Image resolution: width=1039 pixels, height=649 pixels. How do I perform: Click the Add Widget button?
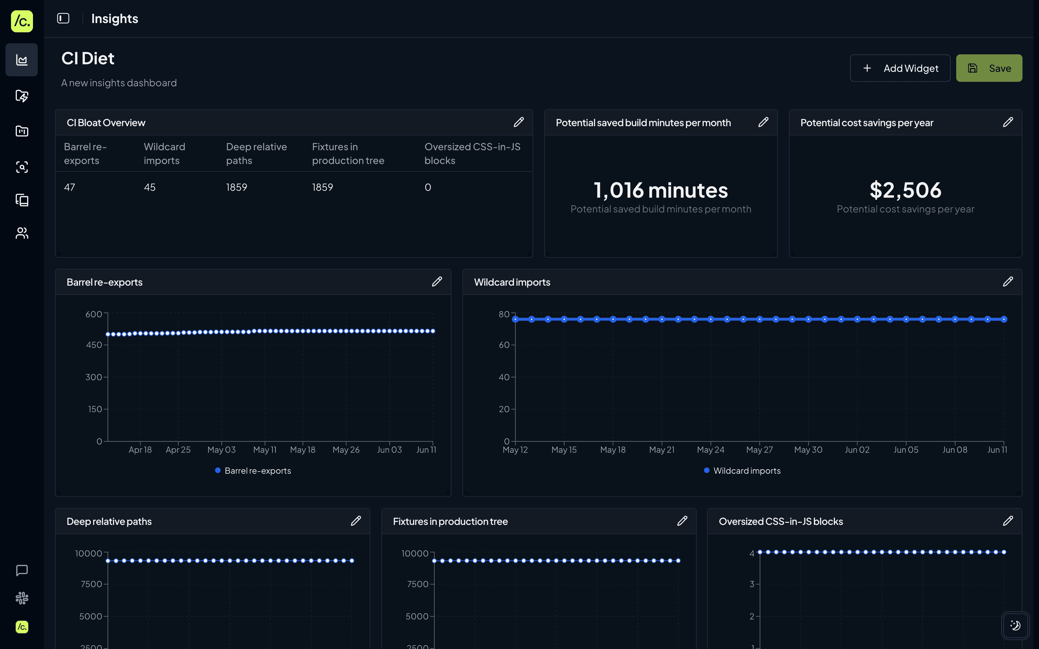900,68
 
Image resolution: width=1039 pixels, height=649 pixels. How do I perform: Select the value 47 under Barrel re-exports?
69,187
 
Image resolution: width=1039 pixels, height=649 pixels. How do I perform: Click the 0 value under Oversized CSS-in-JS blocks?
427,187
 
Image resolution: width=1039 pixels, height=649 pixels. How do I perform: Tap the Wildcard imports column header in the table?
164,153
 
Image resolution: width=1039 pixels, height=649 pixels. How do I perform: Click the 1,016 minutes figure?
660,190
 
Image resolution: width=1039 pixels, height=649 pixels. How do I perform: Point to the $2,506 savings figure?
905,190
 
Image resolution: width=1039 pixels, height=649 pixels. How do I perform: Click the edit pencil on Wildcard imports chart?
1008,282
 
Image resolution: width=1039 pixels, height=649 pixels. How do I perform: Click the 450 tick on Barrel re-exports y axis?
94,345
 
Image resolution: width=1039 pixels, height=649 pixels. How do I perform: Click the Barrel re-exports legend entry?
253,471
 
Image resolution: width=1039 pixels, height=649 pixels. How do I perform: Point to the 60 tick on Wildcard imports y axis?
504,345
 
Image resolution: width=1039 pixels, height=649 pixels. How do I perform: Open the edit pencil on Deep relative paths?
356,521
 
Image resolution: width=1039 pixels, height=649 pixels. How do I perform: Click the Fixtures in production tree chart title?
450,521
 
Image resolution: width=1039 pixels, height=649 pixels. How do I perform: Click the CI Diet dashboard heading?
88,58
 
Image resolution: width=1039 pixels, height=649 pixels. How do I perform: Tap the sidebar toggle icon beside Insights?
63,19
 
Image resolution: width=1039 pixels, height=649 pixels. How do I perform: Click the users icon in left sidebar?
22,233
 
